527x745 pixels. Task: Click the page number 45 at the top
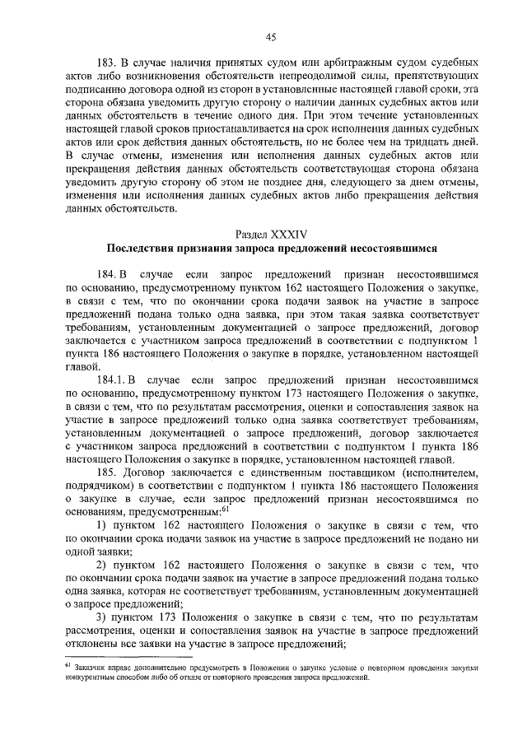tap(269, 36)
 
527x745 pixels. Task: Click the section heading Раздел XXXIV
tap(269, 234)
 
